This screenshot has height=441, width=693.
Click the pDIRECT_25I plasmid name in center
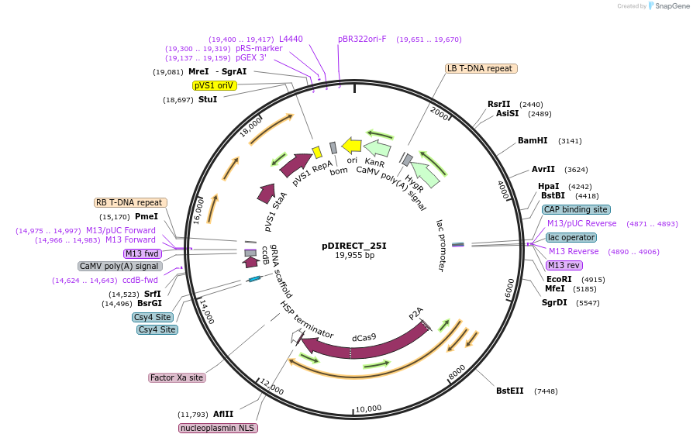(353, 246)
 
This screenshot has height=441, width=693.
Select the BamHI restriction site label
(533, 141)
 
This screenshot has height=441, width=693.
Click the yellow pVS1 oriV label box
(214, 85)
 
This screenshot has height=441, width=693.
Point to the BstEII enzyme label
(511, 391)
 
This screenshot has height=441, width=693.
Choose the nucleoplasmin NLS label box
(218, 428)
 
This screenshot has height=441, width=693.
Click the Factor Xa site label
(178, 377)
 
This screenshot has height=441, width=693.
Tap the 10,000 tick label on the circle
(368, 408)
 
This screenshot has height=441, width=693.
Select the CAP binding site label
(576, 209)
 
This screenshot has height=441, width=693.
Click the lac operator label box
(571, 237)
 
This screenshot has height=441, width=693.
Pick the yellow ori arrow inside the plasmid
(351, 145)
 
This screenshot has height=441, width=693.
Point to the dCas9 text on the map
(364, 337)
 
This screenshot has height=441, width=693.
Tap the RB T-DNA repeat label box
(130, 202)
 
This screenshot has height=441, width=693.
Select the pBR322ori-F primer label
(362, 39)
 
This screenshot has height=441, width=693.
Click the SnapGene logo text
(671, 5)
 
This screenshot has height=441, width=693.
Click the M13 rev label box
(564, 265)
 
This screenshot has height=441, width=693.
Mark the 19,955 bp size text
(354, 255)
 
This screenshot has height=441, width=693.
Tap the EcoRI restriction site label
(559, 279)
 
